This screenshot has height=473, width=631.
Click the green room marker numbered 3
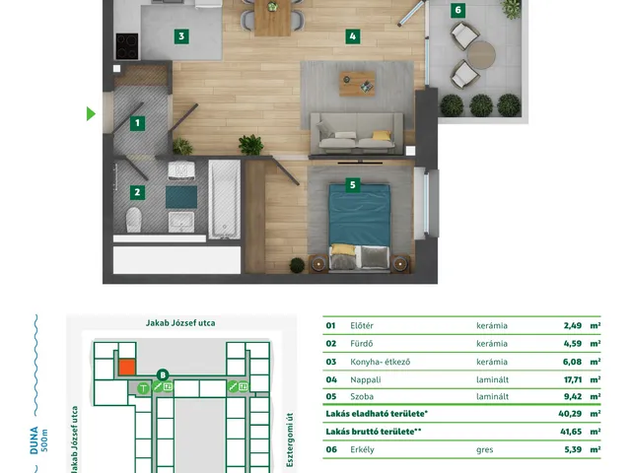click(181, 36)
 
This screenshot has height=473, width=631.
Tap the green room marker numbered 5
click(353, 184)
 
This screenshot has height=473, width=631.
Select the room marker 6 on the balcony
click(457, 10)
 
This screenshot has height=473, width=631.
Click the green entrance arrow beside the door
click(91, 114)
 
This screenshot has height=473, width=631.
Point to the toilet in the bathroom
click(134, 220)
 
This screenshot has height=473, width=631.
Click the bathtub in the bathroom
click(225, 199)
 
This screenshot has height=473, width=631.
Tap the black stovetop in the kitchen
click(127, 46)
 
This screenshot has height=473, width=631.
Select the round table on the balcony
click(481, 55)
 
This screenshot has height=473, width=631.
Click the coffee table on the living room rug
click(357, 84)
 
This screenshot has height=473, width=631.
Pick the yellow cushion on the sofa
click(382, 135)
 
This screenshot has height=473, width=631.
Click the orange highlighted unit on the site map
click(127, 368)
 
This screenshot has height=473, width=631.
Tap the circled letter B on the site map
click(163, 375)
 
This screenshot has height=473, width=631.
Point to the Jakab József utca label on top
click(180, 323)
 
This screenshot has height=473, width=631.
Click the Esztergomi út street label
click(290, 439)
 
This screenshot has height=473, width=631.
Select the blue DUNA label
click(35, 440)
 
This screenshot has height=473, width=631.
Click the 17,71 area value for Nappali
click(573, 379)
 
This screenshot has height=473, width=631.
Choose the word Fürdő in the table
click(362, 344)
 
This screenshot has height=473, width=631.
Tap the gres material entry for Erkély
click(484, 450)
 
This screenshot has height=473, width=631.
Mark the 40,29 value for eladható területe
click(570, 414)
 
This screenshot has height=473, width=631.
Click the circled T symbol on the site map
click(143, 388)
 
